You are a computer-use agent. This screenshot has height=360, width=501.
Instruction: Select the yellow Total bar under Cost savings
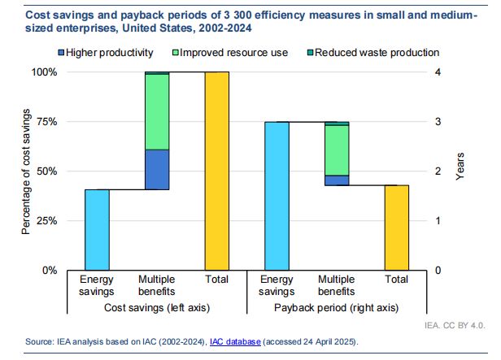coord(217,171)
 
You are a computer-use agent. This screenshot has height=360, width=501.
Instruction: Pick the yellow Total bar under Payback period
coord(396,228)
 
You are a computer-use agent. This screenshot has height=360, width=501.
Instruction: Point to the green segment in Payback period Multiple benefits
coord(337,150)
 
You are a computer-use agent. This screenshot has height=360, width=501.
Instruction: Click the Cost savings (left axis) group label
coord(156,307)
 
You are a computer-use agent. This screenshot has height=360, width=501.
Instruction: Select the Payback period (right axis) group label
coord(337,307)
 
